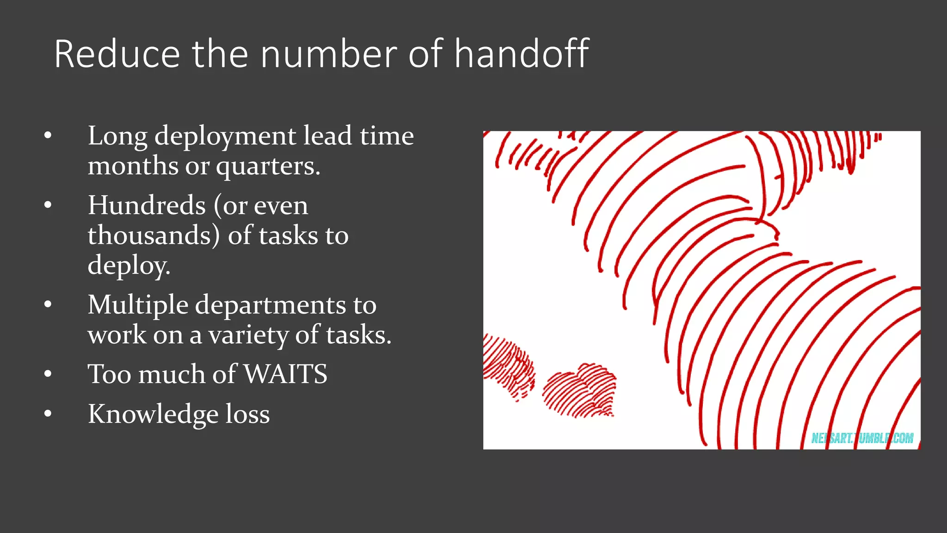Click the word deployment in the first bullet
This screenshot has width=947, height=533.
(225, 137)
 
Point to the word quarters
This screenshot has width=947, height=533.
(268, 167)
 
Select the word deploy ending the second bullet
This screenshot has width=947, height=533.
(129, 266)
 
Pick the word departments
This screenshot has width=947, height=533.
(271, 305)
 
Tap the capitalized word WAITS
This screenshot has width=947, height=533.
(285, 374)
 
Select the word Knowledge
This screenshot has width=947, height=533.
(153, 415)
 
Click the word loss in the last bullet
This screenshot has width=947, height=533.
(247, 414)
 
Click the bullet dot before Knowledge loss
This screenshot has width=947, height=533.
(48, 414)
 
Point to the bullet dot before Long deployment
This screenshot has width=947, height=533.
(48, 136)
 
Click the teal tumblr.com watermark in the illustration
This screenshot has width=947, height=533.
(862, 438)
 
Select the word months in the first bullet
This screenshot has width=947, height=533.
(133, 167)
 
